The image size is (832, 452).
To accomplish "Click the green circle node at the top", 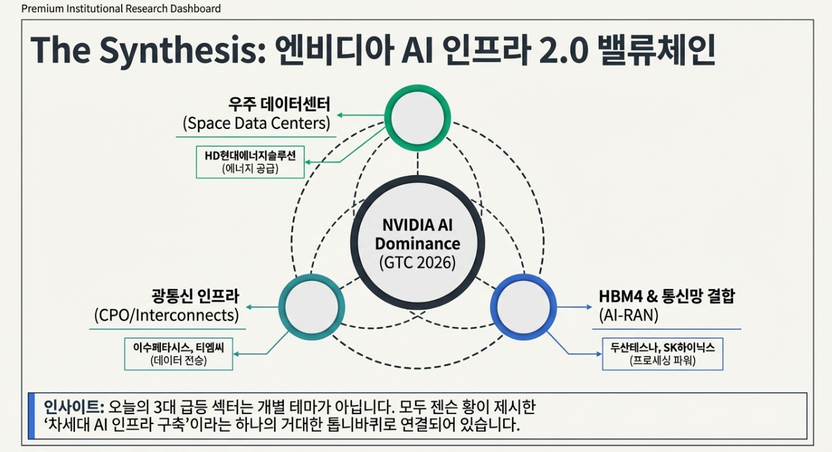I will click(x=418, y=118).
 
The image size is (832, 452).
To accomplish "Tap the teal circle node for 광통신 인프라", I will click(x=311, y=307).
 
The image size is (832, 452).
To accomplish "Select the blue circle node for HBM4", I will click(x=523, y=307).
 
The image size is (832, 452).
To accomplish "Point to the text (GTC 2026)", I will click(x=418, y=263).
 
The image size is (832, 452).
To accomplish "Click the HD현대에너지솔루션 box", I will click(x=250, y=162).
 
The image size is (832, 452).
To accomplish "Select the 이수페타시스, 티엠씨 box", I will click(x=179, y=354).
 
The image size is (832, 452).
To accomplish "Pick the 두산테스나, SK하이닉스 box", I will click(x=662, y=354).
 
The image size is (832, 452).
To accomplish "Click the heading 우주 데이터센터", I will click(x=280, y=104).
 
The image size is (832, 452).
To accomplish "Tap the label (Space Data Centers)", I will click(x=256, y=122).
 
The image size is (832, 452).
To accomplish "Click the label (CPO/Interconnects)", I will click(x=166, y=315).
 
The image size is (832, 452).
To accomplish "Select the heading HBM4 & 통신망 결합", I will click(x=667, y=296).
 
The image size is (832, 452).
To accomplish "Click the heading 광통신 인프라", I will click(x=196, y=296).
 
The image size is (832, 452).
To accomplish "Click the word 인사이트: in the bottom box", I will click(x=74, y=407).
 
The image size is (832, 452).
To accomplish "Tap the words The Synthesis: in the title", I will click(x=147, y=49).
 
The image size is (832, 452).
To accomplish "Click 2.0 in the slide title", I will click(x=547, y=49).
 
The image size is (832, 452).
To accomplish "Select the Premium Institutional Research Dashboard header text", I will click(x=121, y=8).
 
